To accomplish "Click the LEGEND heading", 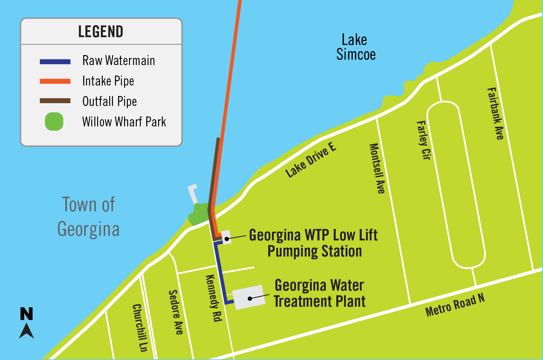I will pos(101,32).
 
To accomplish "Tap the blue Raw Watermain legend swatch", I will pos(55,62).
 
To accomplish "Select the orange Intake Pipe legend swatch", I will pos(55,81).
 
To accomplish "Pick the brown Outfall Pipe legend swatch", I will pos(55,101).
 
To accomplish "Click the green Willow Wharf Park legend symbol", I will pos(54,121).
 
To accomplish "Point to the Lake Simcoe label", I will pos(356,47).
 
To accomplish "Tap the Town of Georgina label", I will pos(88,217).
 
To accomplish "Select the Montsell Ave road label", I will pos(377,169).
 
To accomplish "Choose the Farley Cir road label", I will pos(424,140).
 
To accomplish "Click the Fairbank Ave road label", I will pos(495,113).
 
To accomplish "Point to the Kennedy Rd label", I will pos(214,298).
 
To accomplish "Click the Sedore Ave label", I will pos(176,312).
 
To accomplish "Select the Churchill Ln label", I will pos(140,327).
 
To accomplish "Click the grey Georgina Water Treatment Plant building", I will pos(248,297).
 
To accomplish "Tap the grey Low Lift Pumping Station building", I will pos(226,237).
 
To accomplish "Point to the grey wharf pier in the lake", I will pos(193,194).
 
